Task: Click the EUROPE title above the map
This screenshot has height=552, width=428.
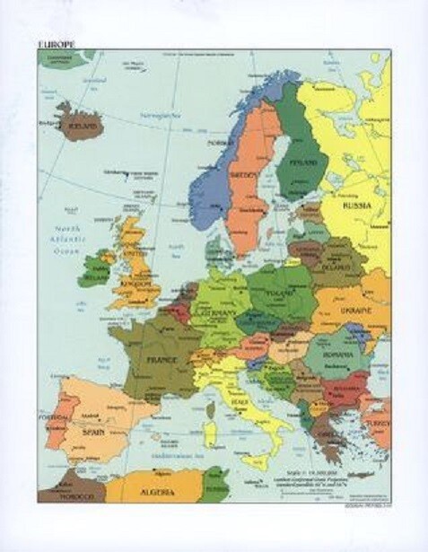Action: coord(56,44)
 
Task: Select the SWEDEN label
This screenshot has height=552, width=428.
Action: coord(243,174)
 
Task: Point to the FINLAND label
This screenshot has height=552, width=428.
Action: coord(296,163)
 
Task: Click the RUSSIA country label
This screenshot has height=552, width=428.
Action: coord(357,205)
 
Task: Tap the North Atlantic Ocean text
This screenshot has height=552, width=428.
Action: coord(65,239)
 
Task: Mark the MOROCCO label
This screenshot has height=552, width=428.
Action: coord(63,496)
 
